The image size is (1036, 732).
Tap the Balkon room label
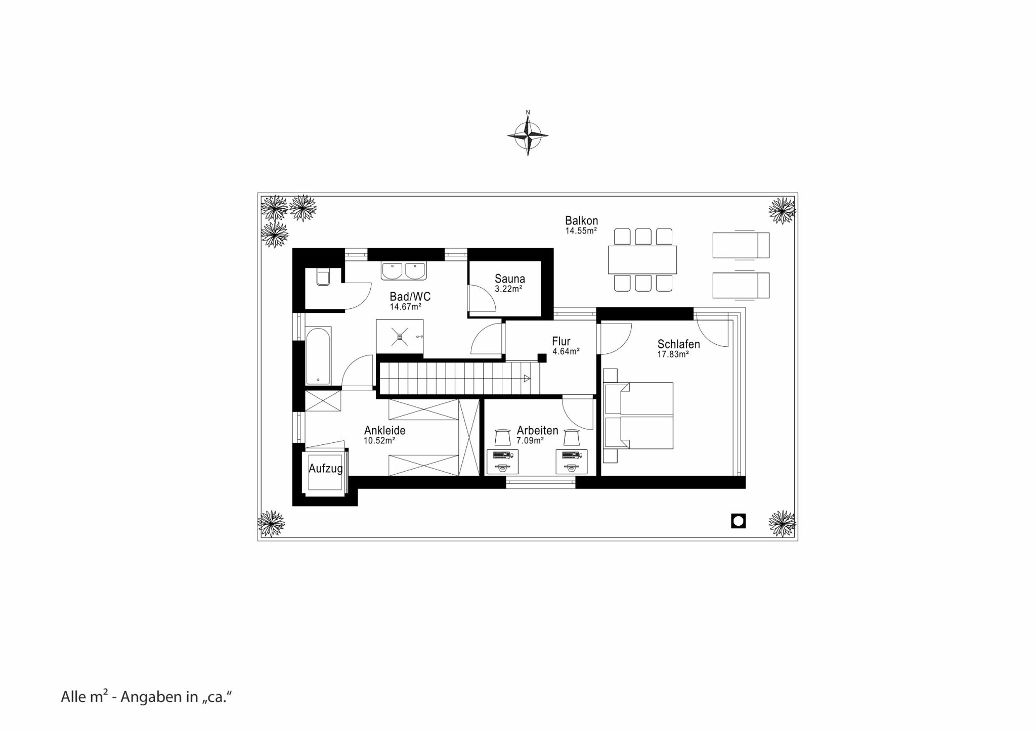click(x=582, y=220)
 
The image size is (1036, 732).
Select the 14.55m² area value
click(x=581, y=231)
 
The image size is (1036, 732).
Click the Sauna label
click(x=510, y=279)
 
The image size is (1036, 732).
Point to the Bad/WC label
click(x=410, y=296)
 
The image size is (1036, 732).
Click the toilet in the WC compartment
click(x=323, y=278)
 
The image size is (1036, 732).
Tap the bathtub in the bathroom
click(x=318, y=355)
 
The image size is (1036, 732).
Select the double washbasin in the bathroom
click(x=404, y=270)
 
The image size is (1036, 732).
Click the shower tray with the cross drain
click(x=400, y=337)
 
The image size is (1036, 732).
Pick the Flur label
click(x=561, y=341)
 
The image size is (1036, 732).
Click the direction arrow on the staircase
click(x=527, y=378)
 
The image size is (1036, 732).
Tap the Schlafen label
click(x=678, y=344)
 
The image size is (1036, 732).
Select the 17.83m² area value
click(x=673, y=354)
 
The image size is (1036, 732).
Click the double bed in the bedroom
click(x=639, y=416)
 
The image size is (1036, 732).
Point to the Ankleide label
click(x=385, y=430)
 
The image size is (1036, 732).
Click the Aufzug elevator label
click(x=326, y=469)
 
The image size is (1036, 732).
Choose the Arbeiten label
click(x=537, y=430)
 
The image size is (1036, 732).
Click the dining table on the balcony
click(x=642, y=260)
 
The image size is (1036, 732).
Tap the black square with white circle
click(x=739, y=521)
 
